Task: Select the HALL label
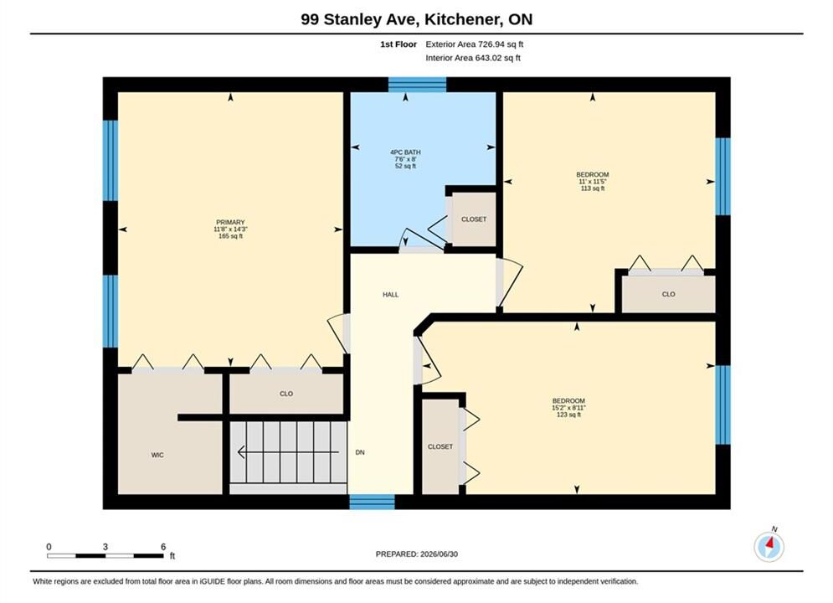390,294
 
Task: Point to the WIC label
157,455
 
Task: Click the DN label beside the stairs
360,452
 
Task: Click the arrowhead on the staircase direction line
241,452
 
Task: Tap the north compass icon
769,545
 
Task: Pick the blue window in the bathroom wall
417,85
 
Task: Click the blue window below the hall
372,502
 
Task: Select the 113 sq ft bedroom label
593,181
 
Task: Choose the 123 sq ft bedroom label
568,408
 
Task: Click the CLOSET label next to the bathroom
474,219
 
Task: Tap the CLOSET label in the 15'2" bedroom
440,446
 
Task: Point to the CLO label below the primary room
286,394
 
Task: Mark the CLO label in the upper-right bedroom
668,294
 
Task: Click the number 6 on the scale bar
163,546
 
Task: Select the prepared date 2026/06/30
439,554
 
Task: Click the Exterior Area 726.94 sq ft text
475,44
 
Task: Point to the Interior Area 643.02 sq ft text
473,58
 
